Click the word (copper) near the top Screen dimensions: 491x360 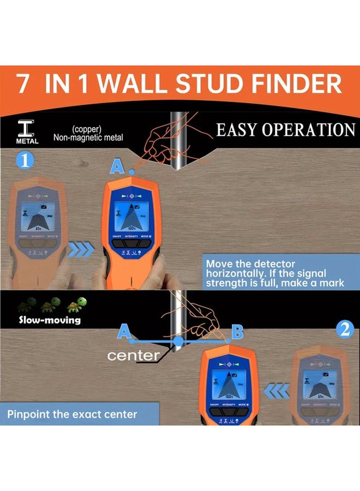click(88, 129)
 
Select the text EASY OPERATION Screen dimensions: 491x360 click(285, 130)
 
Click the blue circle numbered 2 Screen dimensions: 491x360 click(344, 329)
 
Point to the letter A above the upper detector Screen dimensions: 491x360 click(116, 166)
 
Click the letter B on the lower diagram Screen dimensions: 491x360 click(237, 331)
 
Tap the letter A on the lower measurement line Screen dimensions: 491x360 click(124, 331)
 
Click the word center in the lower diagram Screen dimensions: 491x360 click(133, 356)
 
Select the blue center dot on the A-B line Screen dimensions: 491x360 click(178, 342)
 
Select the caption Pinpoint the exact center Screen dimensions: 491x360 click(72, 414)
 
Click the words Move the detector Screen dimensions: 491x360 click(250, 264)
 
